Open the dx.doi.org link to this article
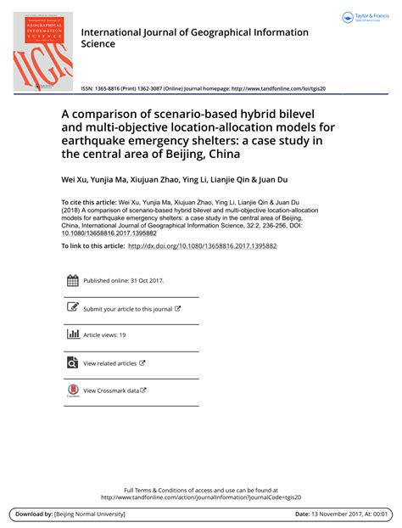point(202,246)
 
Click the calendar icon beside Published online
point(72,281)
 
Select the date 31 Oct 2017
point(147,281)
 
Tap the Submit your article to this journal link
point(127,309)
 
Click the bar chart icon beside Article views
point(72,334)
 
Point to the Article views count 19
point(122,335)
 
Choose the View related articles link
point(109,363)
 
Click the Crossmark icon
point(72,390)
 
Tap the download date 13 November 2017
point(330,514)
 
